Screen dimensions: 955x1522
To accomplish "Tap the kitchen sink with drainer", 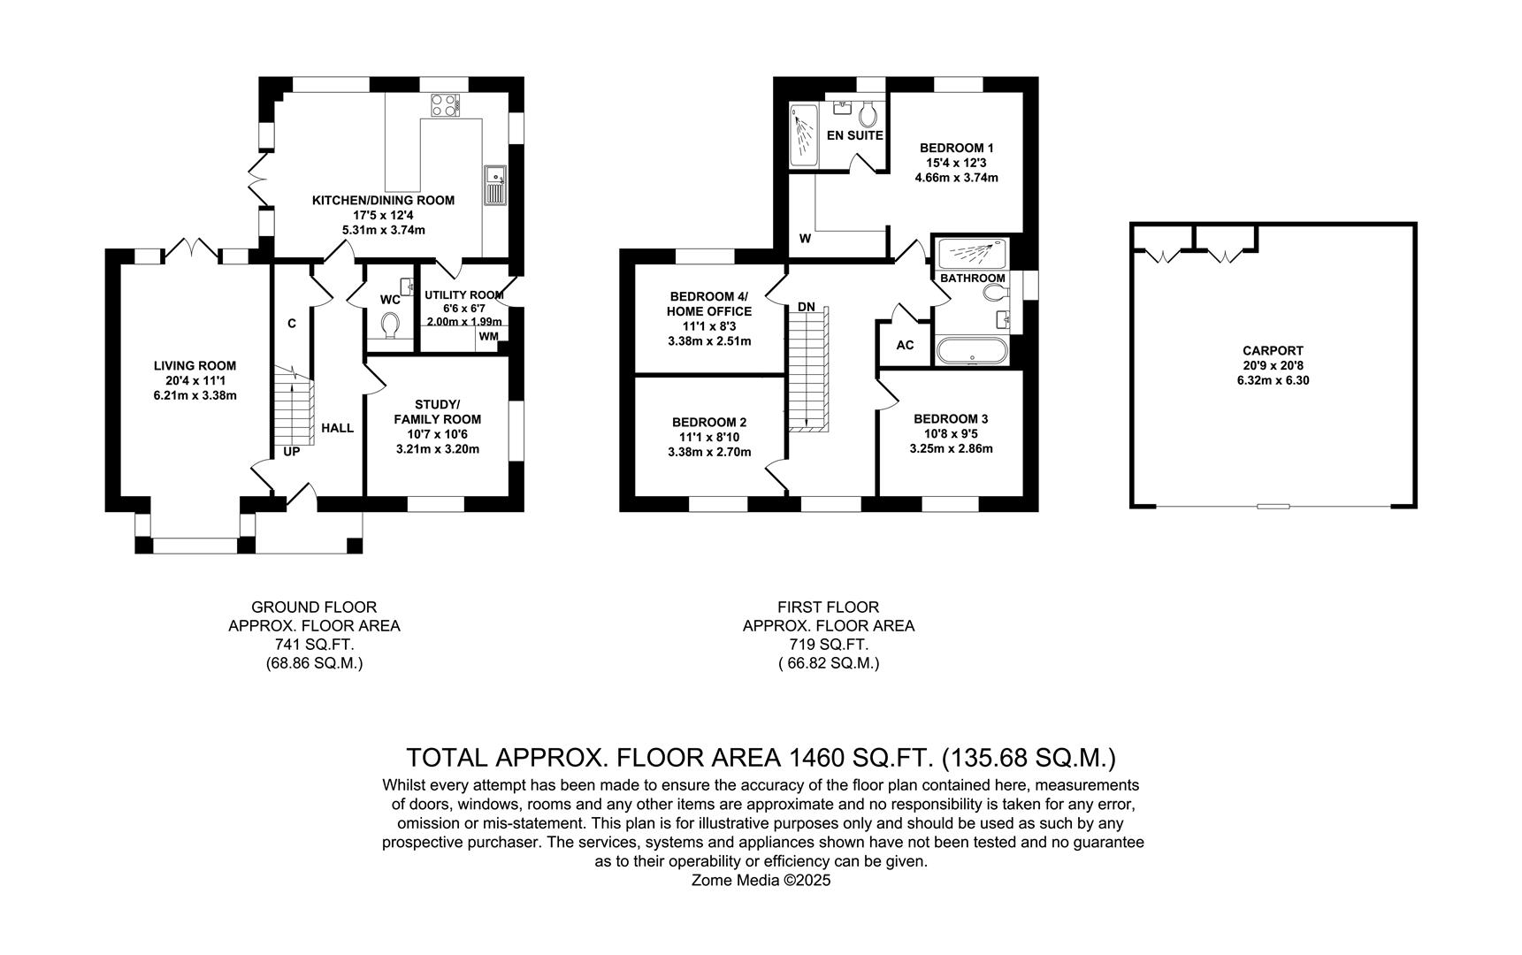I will tap(494, 186).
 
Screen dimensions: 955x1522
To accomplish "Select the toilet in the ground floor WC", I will tap(390, 326).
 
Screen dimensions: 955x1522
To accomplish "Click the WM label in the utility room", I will tap(488, 336).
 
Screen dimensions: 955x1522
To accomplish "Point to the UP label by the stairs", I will tap(291, 452).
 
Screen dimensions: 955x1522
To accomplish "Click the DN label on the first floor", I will tap(806, 307).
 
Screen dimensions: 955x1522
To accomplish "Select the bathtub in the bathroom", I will tap(971, 350).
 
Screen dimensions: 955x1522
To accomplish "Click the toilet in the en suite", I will tap(868, 112).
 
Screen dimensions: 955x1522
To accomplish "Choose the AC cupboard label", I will tap(905, 345).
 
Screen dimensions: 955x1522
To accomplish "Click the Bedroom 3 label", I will tap(951, 418).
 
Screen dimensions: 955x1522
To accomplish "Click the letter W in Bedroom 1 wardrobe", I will tap(805, 239).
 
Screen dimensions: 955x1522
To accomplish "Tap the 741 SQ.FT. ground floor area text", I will tap(314, 645).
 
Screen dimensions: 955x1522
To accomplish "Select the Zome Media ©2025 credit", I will tap(761, 881).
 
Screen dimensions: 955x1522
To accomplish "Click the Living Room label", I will tap(195, 365).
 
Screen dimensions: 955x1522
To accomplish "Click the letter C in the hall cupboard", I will tap(291, 324).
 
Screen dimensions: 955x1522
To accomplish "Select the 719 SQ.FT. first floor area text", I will tap(828, 645).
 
